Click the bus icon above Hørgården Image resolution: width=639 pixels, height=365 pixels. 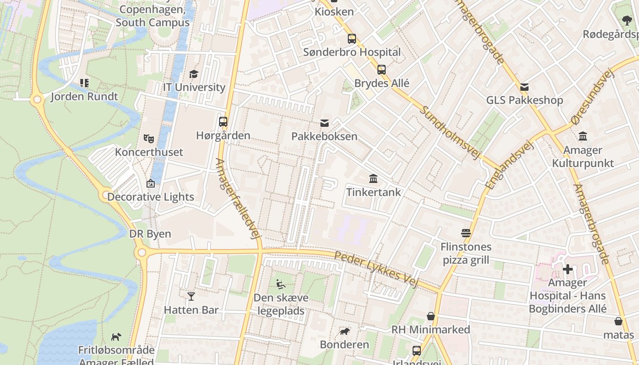[223, 122]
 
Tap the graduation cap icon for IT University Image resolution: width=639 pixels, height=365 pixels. [194, 74]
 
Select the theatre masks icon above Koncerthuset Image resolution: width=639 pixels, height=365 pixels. [148, 138]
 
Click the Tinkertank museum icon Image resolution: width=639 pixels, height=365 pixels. [373, 178]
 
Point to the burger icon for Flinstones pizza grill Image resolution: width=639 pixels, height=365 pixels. [466, 233]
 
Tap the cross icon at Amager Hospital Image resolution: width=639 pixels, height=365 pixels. [567, 269]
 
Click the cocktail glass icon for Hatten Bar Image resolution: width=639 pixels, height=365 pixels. [191, 297]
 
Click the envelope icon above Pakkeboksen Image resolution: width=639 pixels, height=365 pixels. [325, 123]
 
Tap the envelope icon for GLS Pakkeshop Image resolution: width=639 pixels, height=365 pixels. [524, 87]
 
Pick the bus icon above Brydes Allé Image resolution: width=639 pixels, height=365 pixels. [382, 70]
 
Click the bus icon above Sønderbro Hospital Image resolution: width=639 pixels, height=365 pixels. [351, 39]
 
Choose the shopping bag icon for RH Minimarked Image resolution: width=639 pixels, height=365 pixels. [430, 316]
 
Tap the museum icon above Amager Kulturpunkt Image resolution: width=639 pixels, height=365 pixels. [583, 136]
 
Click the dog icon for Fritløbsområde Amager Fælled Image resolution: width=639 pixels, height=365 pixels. [116, 337]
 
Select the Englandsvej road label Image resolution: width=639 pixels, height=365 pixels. [509, 165]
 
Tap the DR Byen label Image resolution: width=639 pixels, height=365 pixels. [150, 234]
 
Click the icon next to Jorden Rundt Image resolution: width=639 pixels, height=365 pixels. [84, 83]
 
